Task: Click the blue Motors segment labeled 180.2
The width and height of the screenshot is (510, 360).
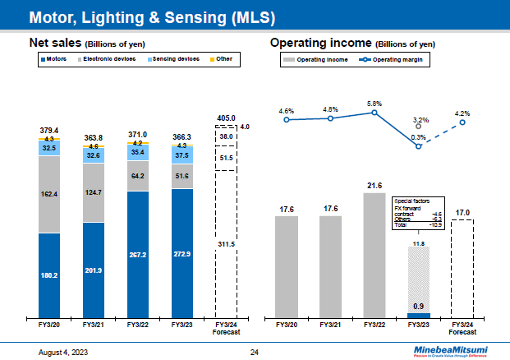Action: tap(49, 275)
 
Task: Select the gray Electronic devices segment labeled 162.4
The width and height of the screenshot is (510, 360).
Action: tap(49, 194)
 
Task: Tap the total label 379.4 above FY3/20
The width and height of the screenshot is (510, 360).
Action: tap(49, 130)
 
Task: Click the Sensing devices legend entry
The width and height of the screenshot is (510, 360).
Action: tap(173, 60)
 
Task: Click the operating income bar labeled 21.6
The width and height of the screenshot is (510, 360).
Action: tap(374, 254)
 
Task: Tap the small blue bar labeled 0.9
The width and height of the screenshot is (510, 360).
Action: tap(419, 314)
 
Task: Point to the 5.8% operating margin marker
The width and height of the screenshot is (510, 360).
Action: tap(374, 113)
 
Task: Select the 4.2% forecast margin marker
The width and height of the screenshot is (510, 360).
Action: tap(462, 122)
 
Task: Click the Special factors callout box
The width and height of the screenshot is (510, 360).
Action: tap(417, 212)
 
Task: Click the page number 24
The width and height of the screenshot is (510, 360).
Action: tap(255, 351)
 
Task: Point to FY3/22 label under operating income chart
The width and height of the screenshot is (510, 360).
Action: tap(374, 325)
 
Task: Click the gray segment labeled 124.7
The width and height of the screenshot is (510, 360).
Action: tap(94, 192)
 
